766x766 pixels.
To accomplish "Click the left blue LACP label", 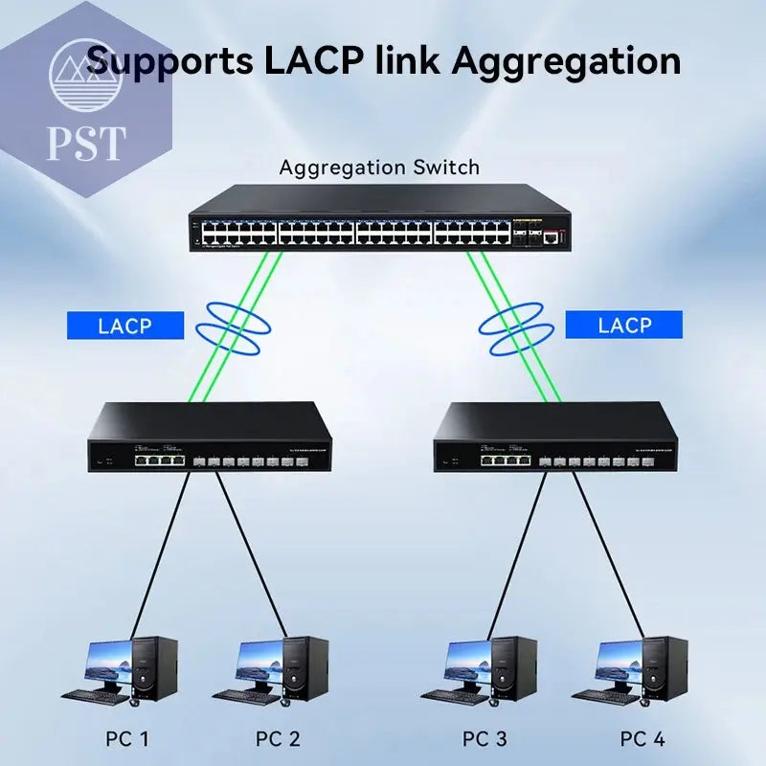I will pos(124,326).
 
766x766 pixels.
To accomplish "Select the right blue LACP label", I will pos(624,326).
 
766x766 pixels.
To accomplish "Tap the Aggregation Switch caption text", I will pos(379,168).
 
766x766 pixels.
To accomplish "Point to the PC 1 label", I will pos(127,739).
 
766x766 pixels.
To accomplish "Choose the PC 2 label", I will pos(278,739).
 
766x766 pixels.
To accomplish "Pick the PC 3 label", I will pos(484,739).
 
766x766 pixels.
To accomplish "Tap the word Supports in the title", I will pos(168,61).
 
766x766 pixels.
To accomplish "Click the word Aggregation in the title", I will pos(566,61).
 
